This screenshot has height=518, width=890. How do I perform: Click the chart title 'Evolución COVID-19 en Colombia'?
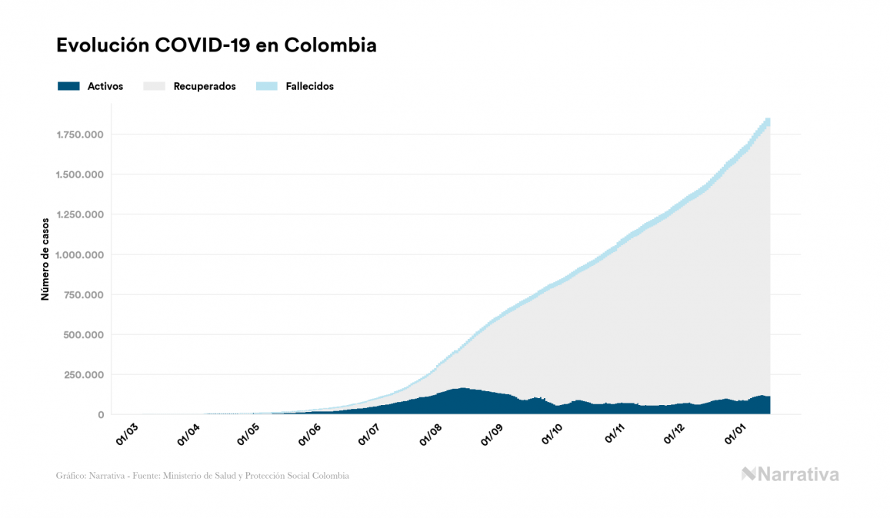point(216,45)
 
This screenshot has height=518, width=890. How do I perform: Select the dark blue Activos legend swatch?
point(68,86)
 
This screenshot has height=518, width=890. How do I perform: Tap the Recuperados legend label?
point(205,86)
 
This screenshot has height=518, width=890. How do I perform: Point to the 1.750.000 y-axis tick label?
point(80,135)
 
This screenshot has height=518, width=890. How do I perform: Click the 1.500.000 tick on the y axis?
point(80,175)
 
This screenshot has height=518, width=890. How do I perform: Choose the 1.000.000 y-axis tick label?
point(80,255)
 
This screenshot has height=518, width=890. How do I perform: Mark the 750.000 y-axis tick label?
point(84,295)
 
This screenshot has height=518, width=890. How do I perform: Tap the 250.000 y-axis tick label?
point(84,375)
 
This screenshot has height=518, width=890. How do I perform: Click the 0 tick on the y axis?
point(101,415)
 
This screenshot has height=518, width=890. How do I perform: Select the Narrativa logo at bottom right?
point(790,474)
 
